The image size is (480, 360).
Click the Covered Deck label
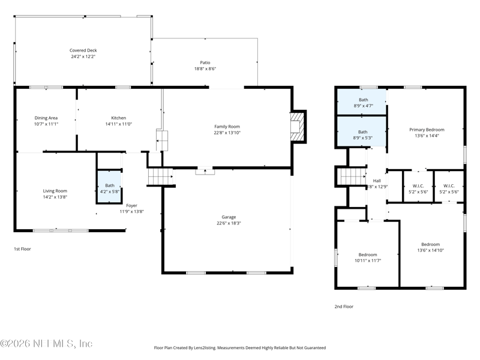(83, 50)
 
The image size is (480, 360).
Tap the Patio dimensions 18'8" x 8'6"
(205, 68)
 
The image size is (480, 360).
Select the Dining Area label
(46, 118)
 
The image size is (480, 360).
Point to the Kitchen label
(118, 118)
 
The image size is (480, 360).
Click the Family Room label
(227, 127)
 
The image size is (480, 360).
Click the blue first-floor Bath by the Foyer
(109, 187)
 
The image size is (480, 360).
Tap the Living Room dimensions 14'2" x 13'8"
(55, 197)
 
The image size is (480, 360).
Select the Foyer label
(131, 205)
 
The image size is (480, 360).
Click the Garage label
(229, 217)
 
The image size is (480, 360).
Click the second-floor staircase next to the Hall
(353, 176)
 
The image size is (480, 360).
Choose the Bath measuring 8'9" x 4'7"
(362, 102)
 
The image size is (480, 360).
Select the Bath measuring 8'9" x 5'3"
(362, 131)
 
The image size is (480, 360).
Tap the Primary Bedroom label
(427, 130)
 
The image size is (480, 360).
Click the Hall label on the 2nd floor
(377, 181)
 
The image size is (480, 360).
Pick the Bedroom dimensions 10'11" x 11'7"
(368, 260)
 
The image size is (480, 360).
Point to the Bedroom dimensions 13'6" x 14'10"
(430, 250)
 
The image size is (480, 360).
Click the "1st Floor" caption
(22, 249)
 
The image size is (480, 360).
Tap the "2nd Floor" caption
(344, 307)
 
